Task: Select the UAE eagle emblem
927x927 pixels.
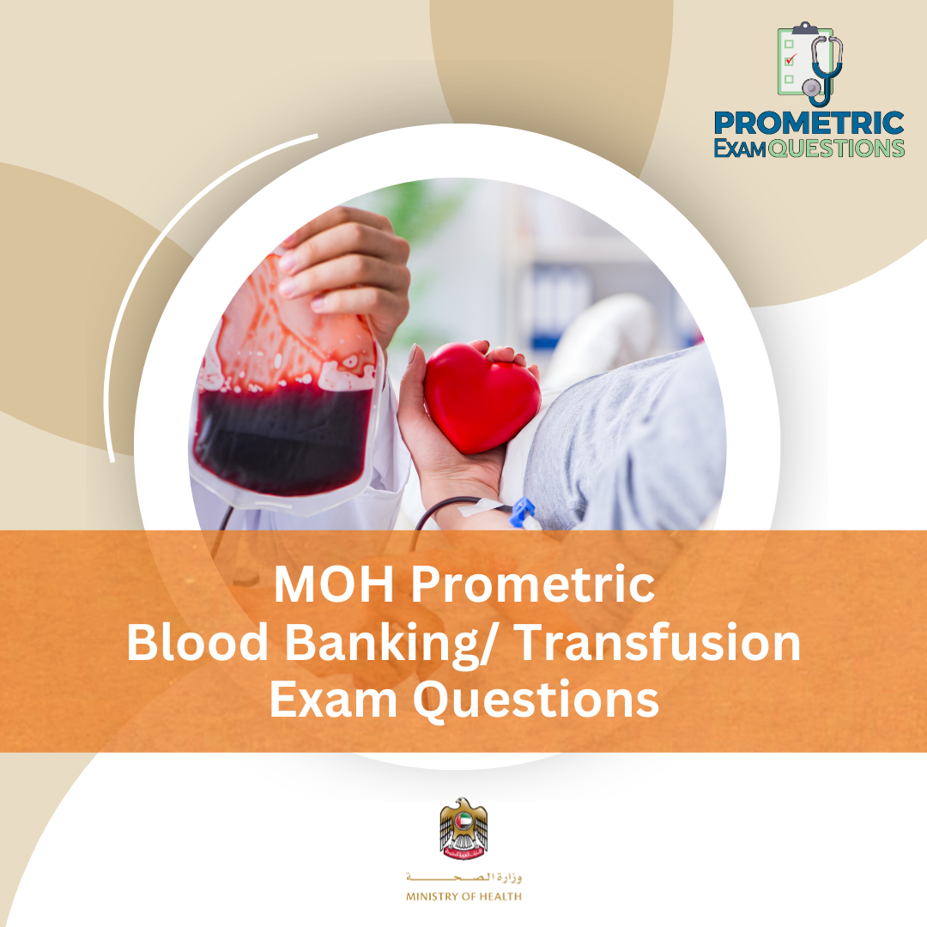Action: point(463,829)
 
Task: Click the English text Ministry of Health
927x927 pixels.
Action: point(463,897)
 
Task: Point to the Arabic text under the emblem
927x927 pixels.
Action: point(463,878)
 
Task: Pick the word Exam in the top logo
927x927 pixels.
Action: point(740,148)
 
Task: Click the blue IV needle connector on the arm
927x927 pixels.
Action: point(521,513)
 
